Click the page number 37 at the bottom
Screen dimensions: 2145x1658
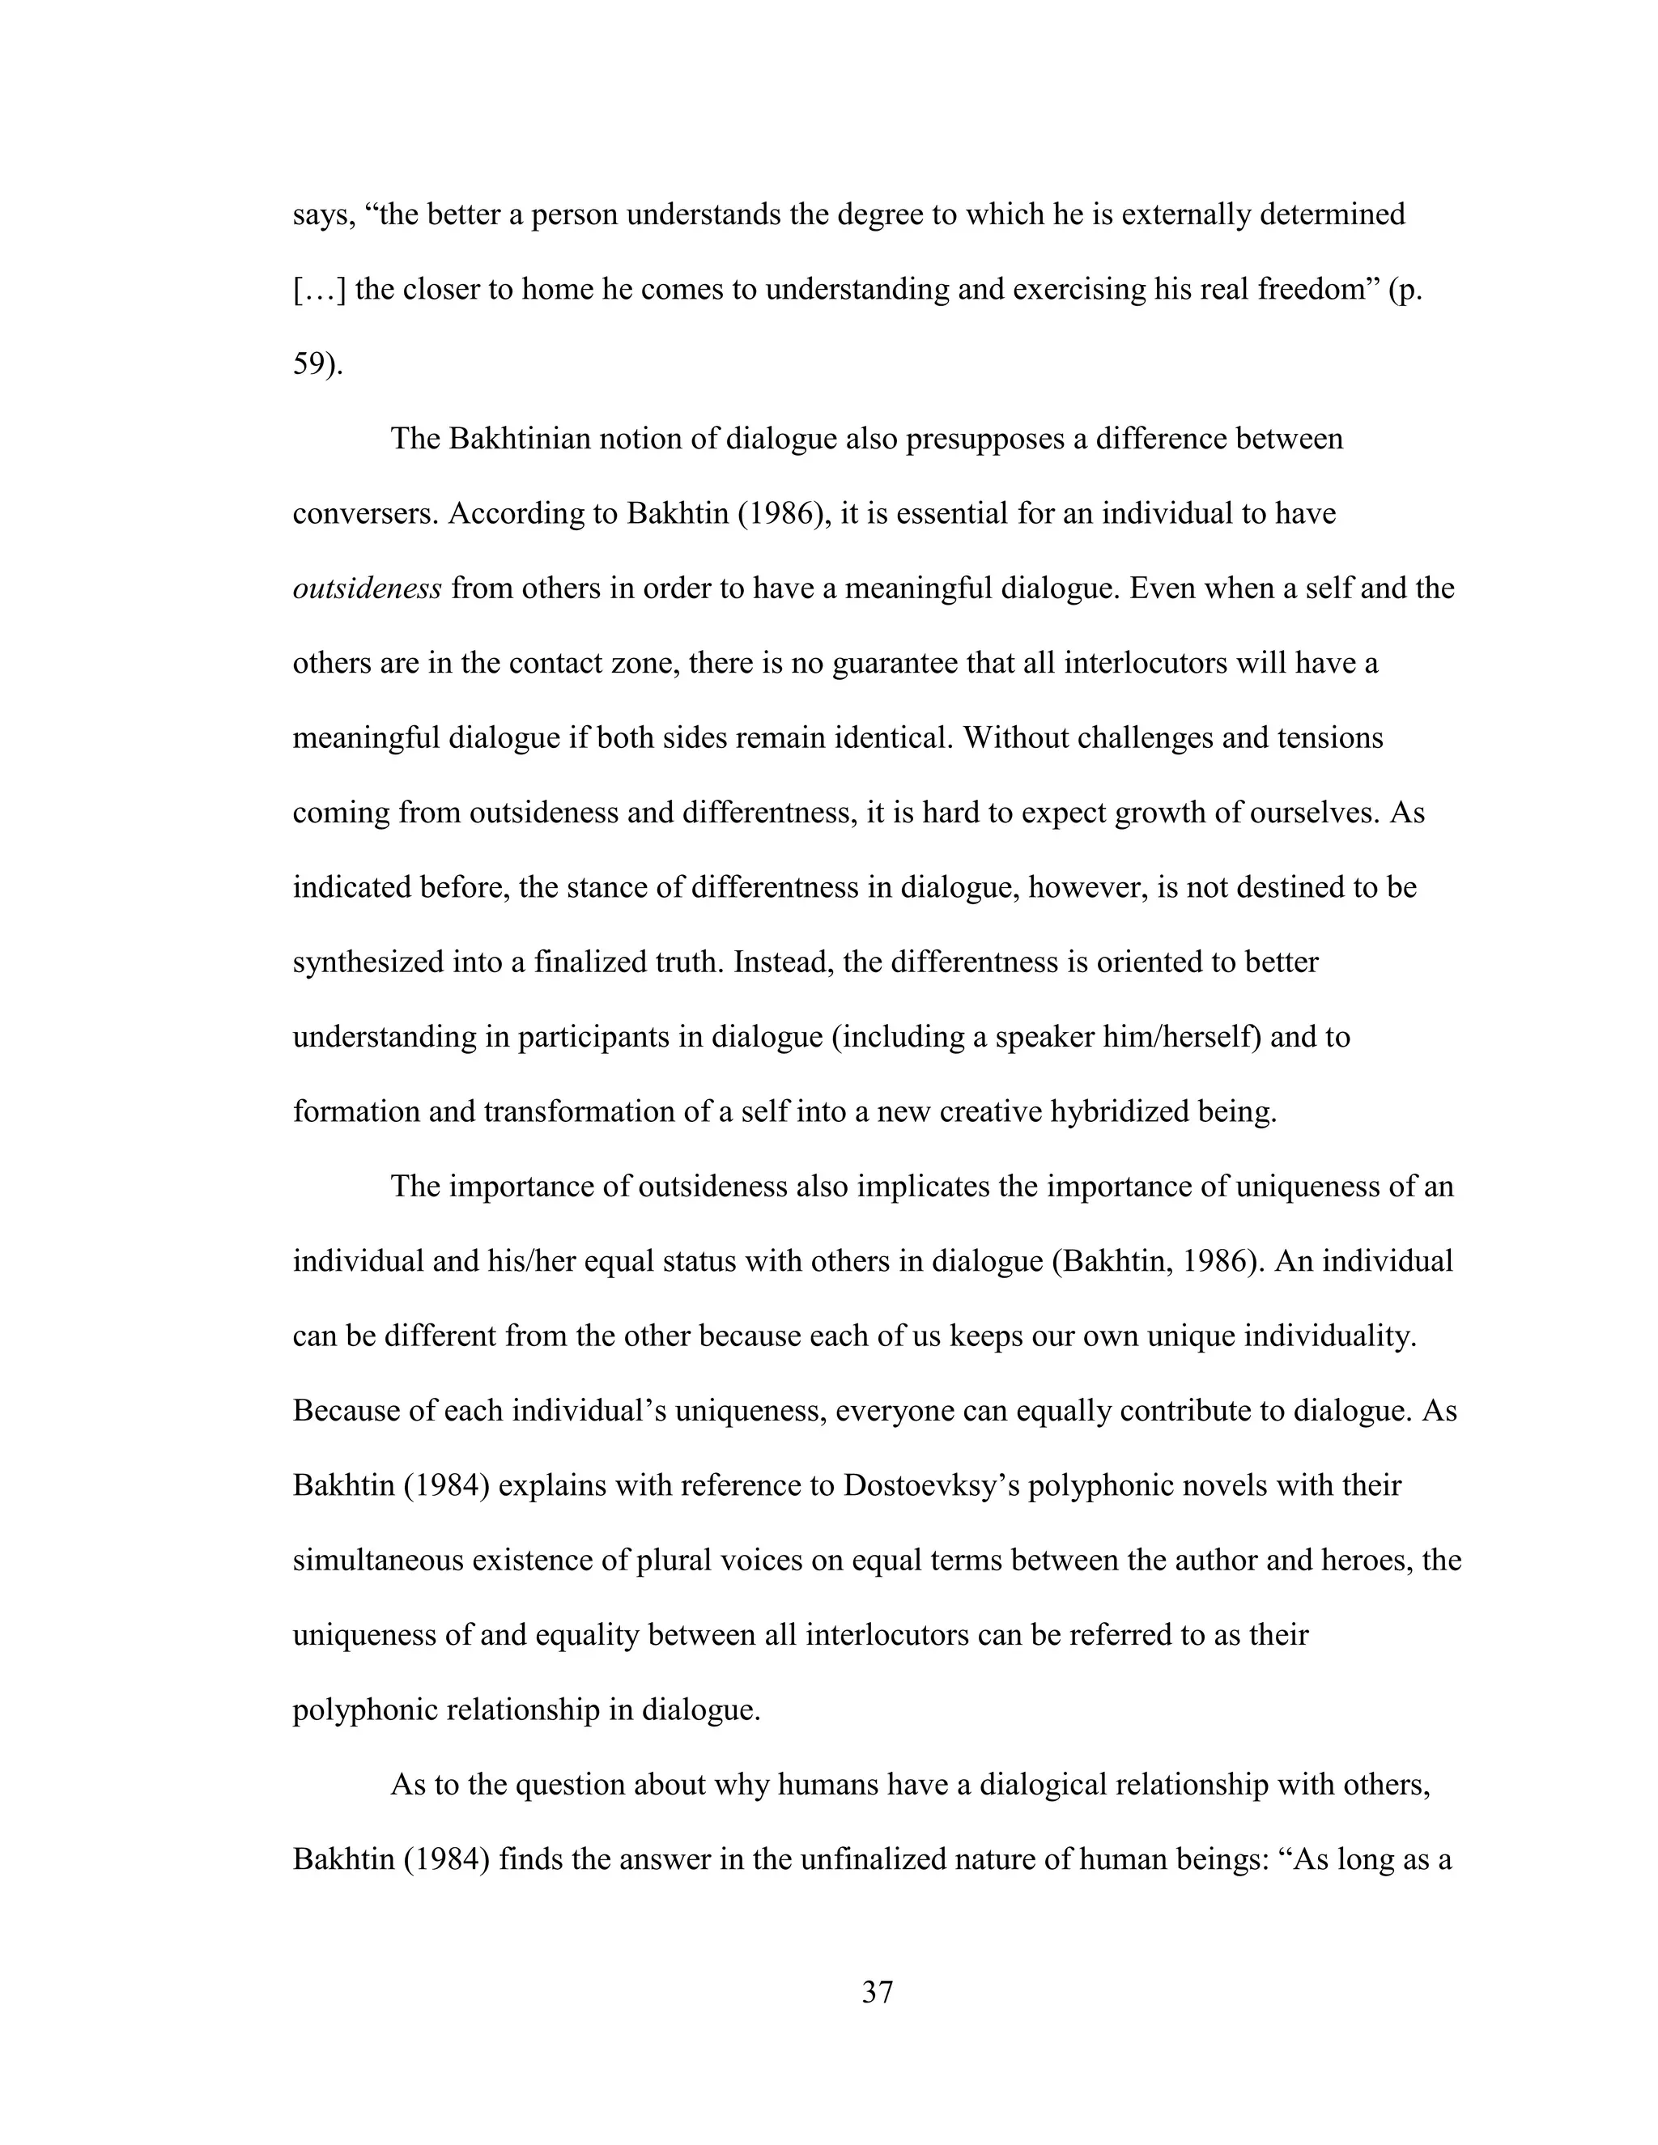pos(877,1993)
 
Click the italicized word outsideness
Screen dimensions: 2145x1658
pos(368,589)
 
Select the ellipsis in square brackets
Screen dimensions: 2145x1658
pos(319,290)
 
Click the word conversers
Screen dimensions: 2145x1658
pos(363,514)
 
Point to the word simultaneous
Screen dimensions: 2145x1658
pos(378,1561)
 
